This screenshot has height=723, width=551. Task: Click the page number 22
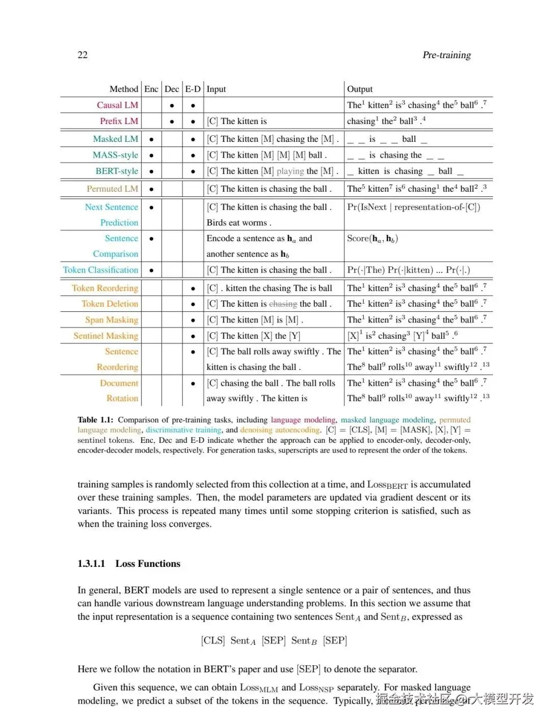83,55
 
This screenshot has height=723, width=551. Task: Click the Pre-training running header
446,55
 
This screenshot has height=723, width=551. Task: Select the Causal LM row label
117,105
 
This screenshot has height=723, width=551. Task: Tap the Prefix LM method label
119,121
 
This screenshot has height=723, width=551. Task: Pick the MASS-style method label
115,155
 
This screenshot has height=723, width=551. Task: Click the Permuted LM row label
112,189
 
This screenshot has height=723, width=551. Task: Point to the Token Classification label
101,270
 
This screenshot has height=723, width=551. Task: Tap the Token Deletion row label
110,304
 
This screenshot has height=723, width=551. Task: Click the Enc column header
152,89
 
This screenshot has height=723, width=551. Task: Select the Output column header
360,89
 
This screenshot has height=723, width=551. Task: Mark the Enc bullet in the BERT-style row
152,171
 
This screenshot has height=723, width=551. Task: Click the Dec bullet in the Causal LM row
172,106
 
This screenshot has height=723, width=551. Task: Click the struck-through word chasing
283,304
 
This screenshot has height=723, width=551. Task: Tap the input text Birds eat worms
239,222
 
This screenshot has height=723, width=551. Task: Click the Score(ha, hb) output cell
372,238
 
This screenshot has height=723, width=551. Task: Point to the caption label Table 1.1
95,420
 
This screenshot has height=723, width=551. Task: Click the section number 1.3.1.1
91,564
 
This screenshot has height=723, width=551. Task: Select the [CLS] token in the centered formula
213,640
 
